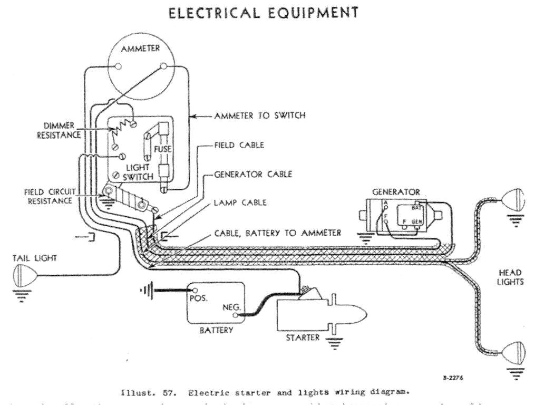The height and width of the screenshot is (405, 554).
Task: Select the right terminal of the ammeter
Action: pyautogui.click(x=164, y=66)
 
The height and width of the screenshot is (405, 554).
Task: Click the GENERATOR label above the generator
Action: pyautogui.click(x=395, y=192)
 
